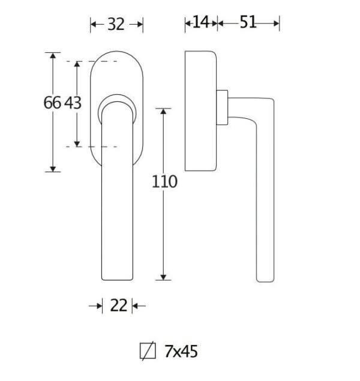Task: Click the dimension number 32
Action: click(x=116, y=24)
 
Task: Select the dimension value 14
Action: click(x=200, y=22)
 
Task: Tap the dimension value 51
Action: click(x=248, y=22)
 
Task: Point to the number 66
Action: click(x=52, y=103)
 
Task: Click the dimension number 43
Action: click(x=73, y=103)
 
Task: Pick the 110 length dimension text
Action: click(x=164, y=182)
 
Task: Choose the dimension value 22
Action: click(x=119, y=305)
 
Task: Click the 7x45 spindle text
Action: click(x=181, y=352)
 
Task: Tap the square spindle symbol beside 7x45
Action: click(x=148, y=351)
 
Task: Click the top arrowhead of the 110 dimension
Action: click(x=163, y=111)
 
